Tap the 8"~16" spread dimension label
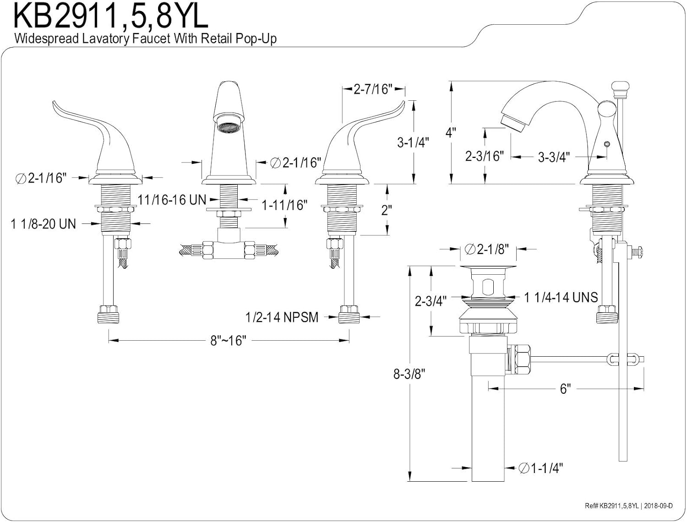pyautogui.click(x=229, y=341)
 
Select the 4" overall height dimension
pyautogui.click(x=451, y=133)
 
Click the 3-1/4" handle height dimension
pyautogui.click(x=412, y=142)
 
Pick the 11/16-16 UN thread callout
pyautogui.click(x=172, y=200)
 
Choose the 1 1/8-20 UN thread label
pyautogui.click(x=44, y=224)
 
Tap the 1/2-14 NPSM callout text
pyautogui.click(x=282, y=317)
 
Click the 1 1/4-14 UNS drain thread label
pyautogui.click(x=561, y=298)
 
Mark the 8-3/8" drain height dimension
pyautogui.click(x=409, y=374)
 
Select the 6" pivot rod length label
pyautogui.click(x=565, y=389)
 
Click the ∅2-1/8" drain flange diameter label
pyautogui.click(x=487, y=249)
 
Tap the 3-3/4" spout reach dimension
pyautogui.click(x=554, y=158)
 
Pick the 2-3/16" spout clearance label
pyautogui.click(x=484, y=156)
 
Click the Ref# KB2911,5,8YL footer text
pyautogui.click(x=611, y=506)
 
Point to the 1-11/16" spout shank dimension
pyautogui.click(x=284, y=205)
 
